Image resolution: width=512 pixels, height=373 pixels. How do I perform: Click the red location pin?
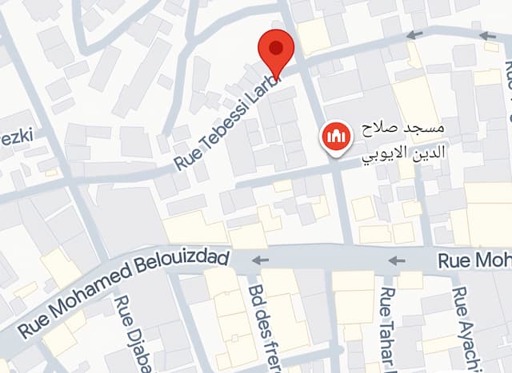[x=276, y=53]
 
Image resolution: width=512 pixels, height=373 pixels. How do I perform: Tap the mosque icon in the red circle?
[x=334, y=137]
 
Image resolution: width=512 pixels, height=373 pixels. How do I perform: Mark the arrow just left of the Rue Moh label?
[x=397, y=260]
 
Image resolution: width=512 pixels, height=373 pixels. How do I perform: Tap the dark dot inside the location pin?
[x=276, y=47]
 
